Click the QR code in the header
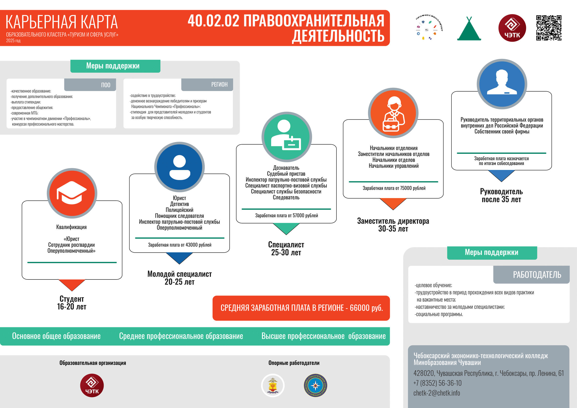549,28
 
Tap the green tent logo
469,29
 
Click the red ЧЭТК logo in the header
512,28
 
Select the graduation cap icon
72,193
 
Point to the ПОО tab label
106,85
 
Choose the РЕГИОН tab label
219,84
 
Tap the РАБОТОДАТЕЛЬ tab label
537,275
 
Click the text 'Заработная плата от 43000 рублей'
180,245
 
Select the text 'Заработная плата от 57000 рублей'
286,215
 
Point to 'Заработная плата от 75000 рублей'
394,188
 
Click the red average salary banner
301,308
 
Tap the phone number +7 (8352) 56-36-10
438,383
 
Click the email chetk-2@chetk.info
437,393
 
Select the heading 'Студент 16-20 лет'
72,303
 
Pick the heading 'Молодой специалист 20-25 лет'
179,278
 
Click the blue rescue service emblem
316,385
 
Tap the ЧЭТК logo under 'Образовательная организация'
92,385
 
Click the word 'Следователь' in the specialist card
286,198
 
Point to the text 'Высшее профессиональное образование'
323,336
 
